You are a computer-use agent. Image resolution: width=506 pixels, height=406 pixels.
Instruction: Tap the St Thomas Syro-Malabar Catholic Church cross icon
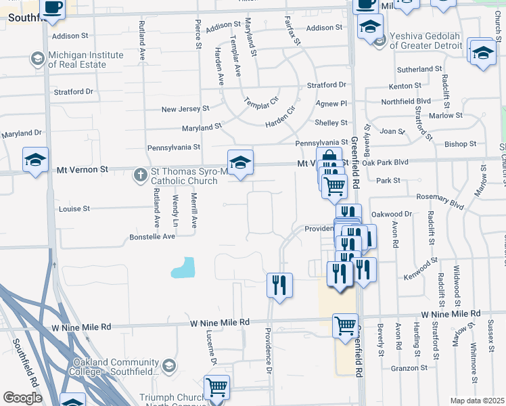[x=141, y=175]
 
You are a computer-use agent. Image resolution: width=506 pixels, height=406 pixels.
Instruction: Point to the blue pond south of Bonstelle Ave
[x=184, y=269]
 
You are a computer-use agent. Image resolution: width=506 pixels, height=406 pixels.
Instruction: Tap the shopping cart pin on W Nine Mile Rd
[x=346, y=326]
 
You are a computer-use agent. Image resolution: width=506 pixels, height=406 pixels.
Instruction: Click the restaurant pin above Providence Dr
[x=279, y=285]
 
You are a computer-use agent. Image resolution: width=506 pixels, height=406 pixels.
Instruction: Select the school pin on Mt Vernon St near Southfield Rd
[x=35, y=160]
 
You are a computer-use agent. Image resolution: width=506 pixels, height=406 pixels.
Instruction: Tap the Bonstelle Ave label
[x=152, y=237]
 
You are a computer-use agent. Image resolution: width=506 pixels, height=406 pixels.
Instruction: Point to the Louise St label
[x=74, y=209]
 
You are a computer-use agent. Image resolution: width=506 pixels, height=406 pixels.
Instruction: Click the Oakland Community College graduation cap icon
[x=168, y=366]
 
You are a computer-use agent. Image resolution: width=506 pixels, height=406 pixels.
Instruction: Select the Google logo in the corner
[x=22, y=398]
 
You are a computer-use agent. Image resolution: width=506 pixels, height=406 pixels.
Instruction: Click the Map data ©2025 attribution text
[x=477, y=401]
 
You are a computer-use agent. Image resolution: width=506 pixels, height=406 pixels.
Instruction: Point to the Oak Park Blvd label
[x=386, y=162]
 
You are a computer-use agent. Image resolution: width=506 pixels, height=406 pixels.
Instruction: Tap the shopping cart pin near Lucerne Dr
[x=217, y=387]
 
